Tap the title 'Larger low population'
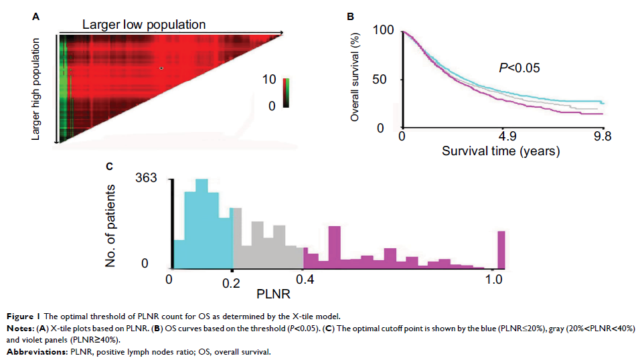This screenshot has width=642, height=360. tap(143, 25)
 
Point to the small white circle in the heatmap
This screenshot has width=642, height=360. tap(161, 68)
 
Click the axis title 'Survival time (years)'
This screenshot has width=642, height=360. tap(500, 151)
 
